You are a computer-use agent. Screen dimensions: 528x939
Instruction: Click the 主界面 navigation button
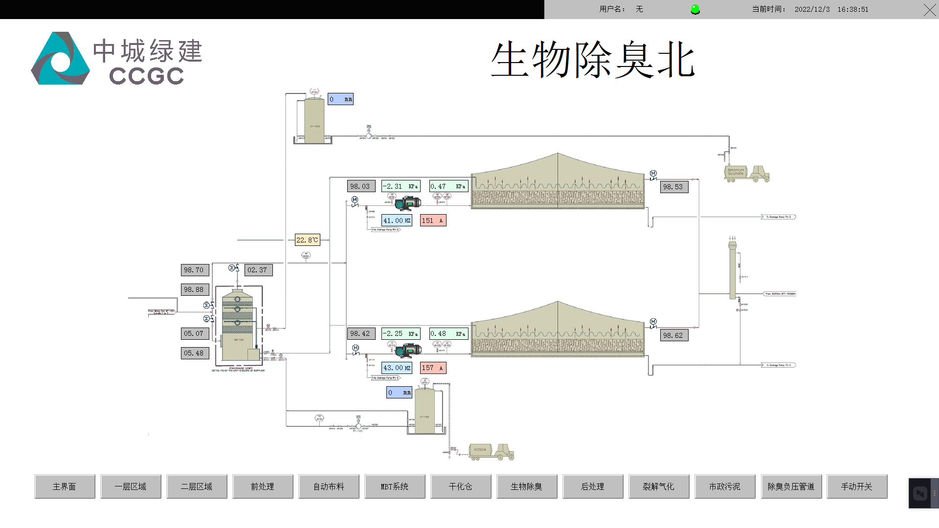pyautogui.click(x=65, y=486)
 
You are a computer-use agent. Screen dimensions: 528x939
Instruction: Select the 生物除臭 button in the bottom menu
pyautogui.click(x=527, y=486)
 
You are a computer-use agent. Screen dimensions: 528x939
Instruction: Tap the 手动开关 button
pyautogui.click(x=857, y=486)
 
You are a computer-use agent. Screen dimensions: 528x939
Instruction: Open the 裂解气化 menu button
pyautogui.click(x=659, y=486)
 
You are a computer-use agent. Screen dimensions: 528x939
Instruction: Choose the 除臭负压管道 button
pyautogui.click(x=791, y=486)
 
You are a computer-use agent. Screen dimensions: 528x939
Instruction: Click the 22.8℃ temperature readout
pyautogui.click(x=307, y=240)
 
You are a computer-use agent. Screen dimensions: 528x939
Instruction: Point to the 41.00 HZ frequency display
pyautogui.click(x=397, y=220)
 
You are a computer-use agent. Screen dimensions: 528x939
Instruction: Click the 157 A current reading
pyautogui.click(x=433, y=368)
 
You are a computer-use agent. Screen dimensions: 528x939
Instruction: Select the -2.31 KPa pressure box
pyautogui.click(x=401, y=186)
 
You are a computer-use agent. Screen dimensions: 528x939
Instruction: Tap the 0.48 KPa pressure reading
pyautogui.click(x=448, y=333)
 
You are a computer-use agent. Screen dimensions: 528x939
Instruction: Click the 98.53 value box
pyautogui.click(x=674, y=187)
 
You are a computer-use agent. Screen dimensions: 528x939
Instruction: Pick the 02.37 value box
pyautogui.click(x=258, y=270)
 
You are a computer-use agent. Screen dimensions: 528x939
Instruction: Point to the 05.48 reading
pyautogui.click(x=195, y=353)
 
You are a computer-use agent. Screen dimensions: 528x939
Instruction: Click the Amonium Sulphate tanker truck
pyautogui.click(x=746, y=173)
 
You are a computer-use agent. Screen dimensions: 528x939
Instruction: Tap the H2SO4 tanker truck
pyautogui.click(x=491, y=451)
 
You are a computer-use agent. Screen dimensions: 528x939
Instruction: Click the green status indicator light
pyautogui.click(x=695, y=9)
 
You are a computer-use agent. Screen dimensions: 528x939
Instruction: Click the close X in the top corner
pyautogui.click(x=930, y=10)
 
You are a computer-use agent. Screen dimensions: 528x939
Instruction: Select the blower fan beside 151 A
pyautogui.click(x=408, y=202)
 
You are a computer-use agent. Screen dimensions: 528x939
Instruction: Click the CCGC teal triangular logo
pyautogui.click(x=60, y=59)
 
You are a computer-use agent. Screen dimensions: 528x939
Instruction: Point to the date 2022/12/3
pyautogui.click(x=812, y=9)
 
